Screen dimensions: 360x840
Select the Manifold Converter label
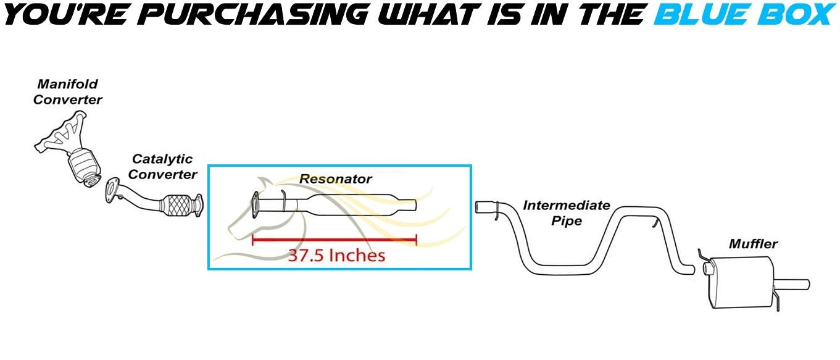[67, 91]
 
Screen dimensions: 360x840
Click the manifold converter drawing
[71, 148]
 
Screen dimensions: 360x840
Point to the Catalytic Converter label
[162, 167]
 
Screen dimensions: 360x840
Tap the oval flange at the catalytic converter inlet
[112, 190]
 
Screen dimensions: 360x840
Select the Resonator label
[335, 179]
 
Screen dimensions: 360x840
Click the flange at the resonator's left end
[254, 205]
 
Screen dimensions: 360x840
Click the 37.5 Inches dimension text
[336, 255]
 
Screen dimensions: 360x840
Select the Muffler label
[752, 244]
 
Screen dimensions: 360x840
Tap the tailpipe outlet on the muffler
[799, 284]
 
